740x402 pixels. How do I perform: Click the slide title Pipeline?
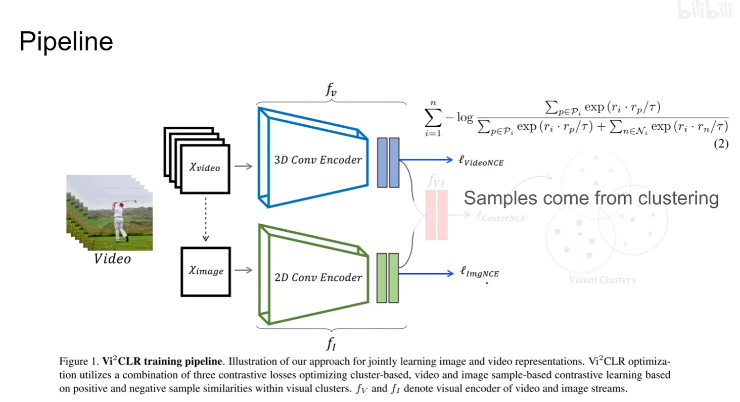click(x=66, y=42)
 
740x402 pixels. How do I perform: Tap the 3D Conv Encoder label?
click(x=318, y=160)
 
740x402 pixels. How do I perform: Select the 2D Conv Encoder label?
click(x=318, y=277)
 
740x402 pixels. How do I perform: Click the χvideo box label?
click(x=205, y=167)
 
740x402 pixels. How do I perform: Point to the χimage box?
click(x=206, y=271)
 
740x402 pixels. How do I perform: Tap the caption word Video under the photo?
click(x=112, y=260)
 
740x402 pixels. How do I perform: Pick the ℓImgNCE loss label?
click(x=479, y=273)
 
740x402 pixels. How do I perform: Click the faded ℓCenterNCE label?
click(x=501, y=217)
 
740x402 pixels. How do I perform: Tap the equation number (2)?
click(x=721, y=144)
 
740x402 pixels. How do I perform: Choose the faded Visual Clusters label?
click(x=603, y=280)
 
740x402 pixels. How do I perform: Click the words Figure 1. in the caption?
click(x=76, y=362)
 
